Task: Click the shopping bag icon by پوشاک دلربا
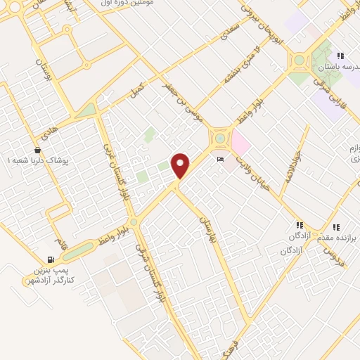(37, 150)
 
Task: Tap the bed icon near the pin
(221, 160)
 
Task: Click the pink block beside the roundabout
(240, 144)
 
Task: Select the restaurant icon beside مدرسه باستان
(340, 56)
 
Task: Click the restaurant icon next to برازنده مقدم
(336, 227)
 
